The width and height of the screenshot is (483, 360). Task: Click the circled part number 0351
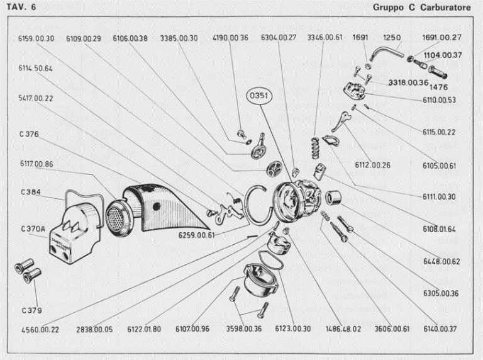(259, 96)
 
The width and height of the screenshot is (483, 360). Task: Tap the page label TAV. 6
(21, 7)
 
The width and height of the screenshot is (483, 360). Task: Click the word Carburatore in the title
(445, 8)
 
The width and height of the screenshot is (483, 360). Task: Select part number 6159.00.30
(36, 38)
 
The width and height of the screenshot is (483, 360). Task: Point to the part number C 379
(31, 311)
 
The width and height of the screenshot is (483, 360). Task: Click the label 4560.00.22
(40, 330)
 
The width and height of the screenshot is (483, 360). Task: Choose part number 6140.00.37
(440, 329)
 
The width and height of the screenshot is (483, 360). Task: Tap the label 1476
(438, 87)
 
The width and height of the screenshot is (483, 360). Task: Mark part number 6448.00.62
(441, 262)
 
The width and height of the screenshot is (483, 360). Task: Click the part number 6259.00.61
(196, 235)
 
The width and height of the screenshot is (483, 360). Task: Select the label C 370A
(33, 229)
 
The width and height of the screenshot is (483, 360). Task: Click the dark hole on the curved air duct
(157, 206)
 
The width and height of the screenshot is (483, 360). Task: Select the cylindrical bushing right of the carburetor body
(333, 198)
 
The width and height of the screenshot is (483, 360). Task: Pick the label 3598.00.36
(244, 329)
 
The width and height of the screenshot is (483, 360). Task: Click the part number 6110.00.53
(439, 100)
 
